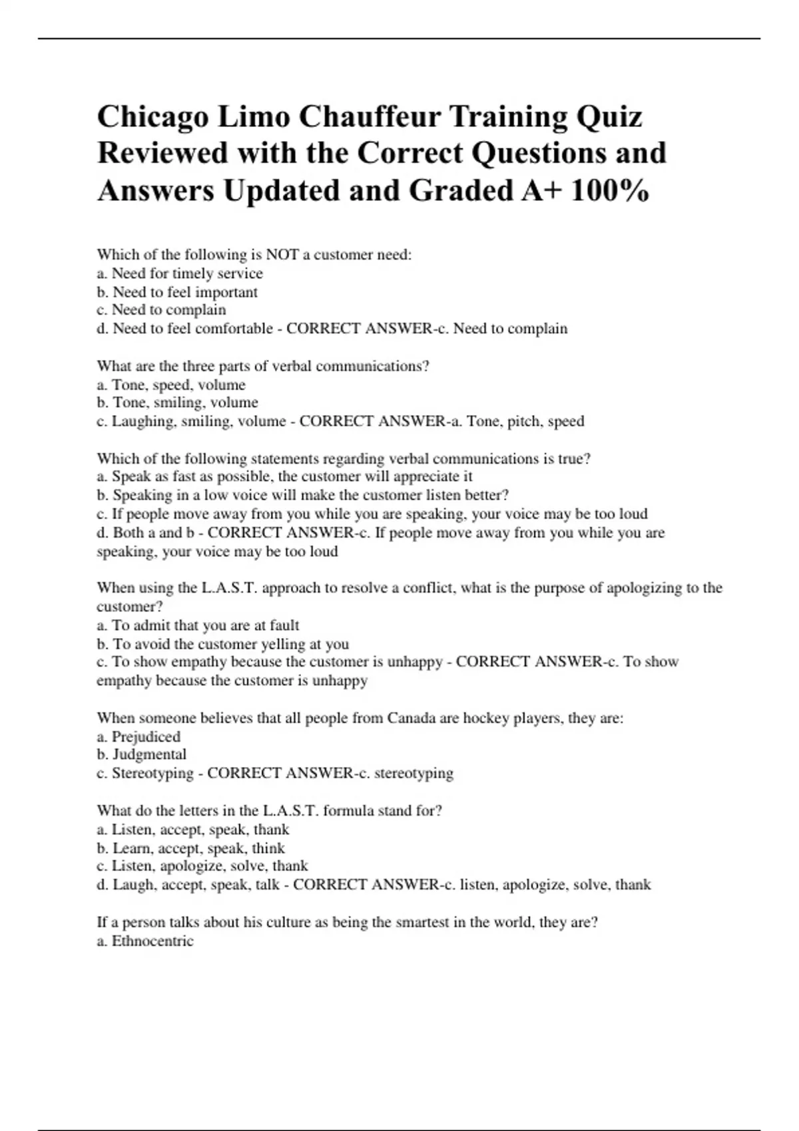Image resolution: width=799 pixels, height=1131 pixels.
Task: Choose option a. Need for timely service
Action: [x=180, y=273]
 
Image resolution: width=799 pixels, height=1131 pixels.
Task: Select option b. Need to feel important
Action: [x=177, y=292]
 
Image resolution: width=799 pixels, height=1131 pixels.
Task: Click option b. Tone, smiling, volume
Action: [x=177, y=403]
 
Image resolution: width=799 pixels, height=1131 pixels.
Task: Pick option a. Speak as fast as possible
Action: [x=285, y=476]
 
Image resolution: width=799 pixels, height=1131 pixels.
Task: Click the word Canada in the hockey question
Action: [x=411, y=719]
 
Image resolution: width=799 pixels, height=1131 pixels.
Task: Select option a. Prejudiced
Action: [x=138, y=737]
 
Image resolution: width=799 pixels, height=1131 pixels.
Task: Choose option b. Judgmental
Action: [x=141, y=754]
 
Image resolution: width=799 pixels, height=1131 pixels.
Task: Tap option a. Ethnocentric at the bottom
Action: [x=145, y=941]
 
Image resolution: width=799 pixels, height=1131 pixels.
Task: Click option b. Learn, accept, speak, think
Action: [x=190, y=848]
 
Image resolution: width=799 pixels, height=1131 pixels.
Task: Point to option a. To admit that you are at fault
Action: [x=198, y=625]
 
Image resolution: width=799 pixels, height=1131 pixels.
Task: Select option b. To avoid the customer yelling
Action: [x=222, y=644]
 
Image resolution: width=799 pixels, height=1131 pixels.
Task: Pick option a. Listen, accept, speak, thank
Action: [x=193, y=830]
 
